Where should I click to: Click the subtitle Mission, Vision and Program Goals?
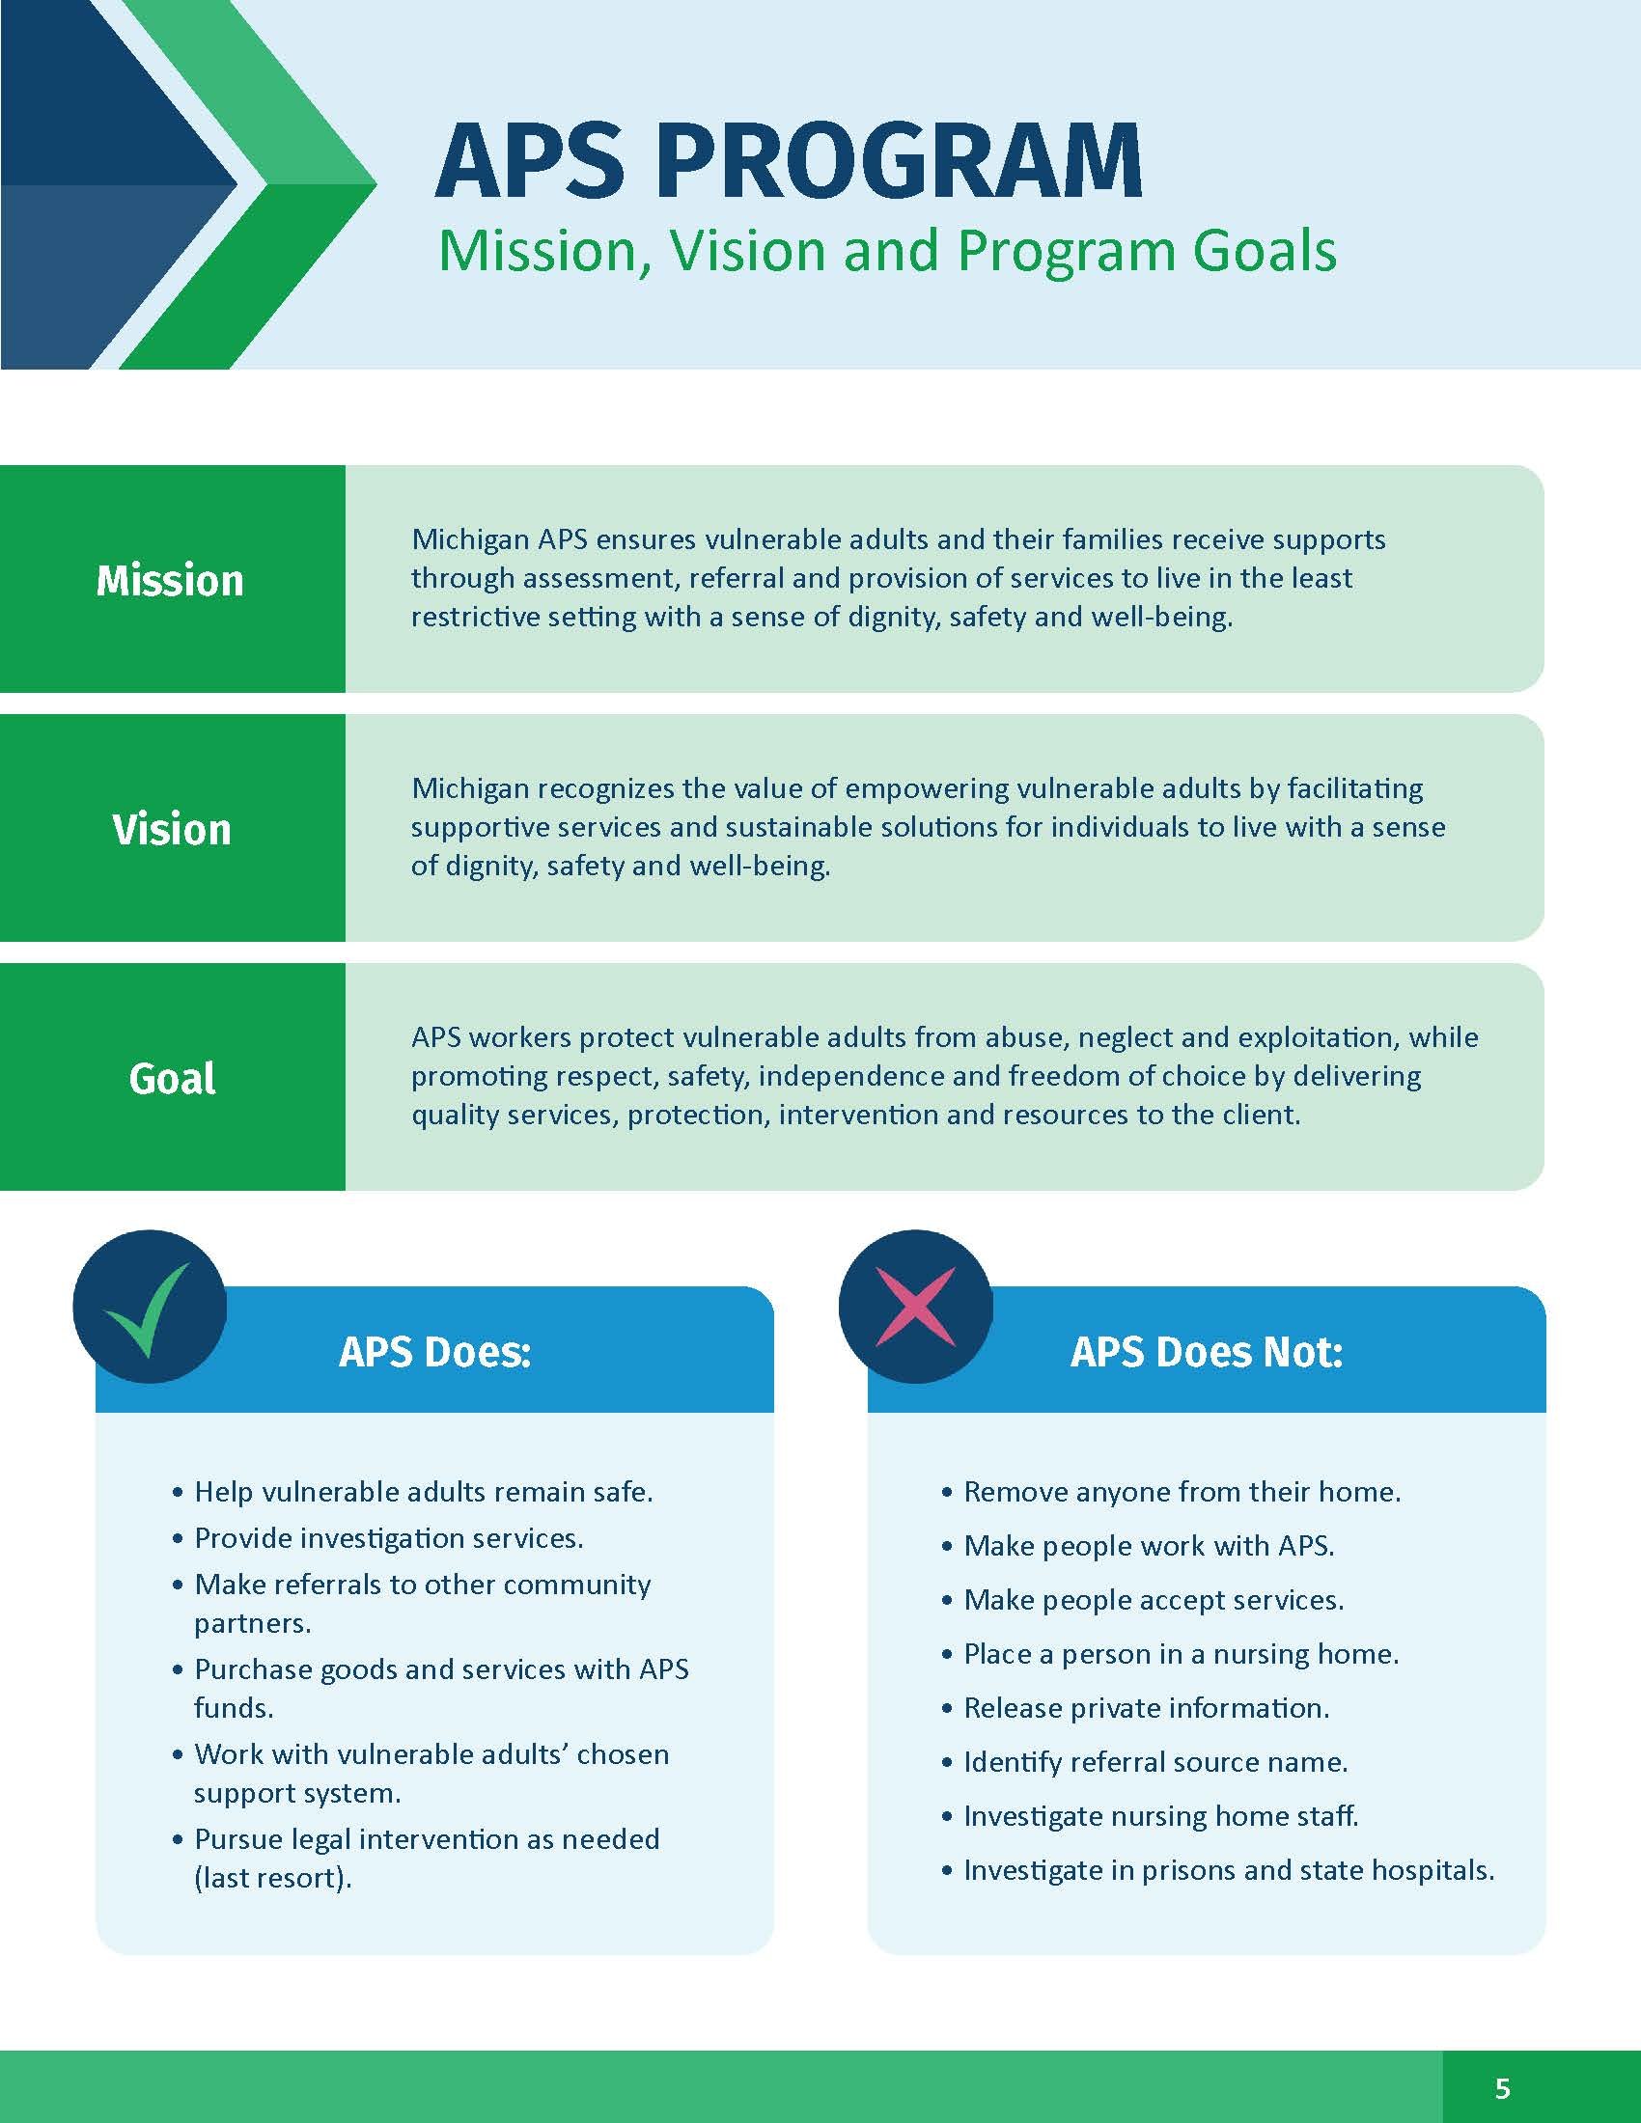point(887,252)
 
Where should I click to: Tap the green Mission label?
point(170,580)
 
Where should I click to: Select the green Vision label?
point(172,829)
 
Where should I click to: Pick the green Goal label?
point(172,1079)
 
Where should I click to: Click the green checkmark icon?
point(147,1310)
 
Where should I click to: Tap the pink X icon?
point(916,1307)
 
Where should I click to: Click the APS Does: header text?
point(435,1352)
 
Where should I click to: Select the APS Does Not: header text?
point(1207,1352)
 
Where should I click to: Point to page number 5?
point(1503,2088)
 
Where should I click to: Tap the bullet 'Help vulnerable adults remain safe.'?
point(413,1491)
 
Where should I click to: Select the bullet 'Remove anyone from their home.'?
point(1172,1491)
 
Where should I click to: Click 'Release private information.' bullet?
point(1135,1708)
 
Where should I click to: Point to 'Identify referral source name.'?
point(1145,1761)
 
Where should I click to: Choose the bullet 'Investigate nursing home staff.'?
point(1150,1816)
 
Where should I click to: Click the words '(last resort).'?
point(273,1878)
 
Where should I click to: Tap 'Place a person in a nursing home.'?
point(1171,1653)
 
